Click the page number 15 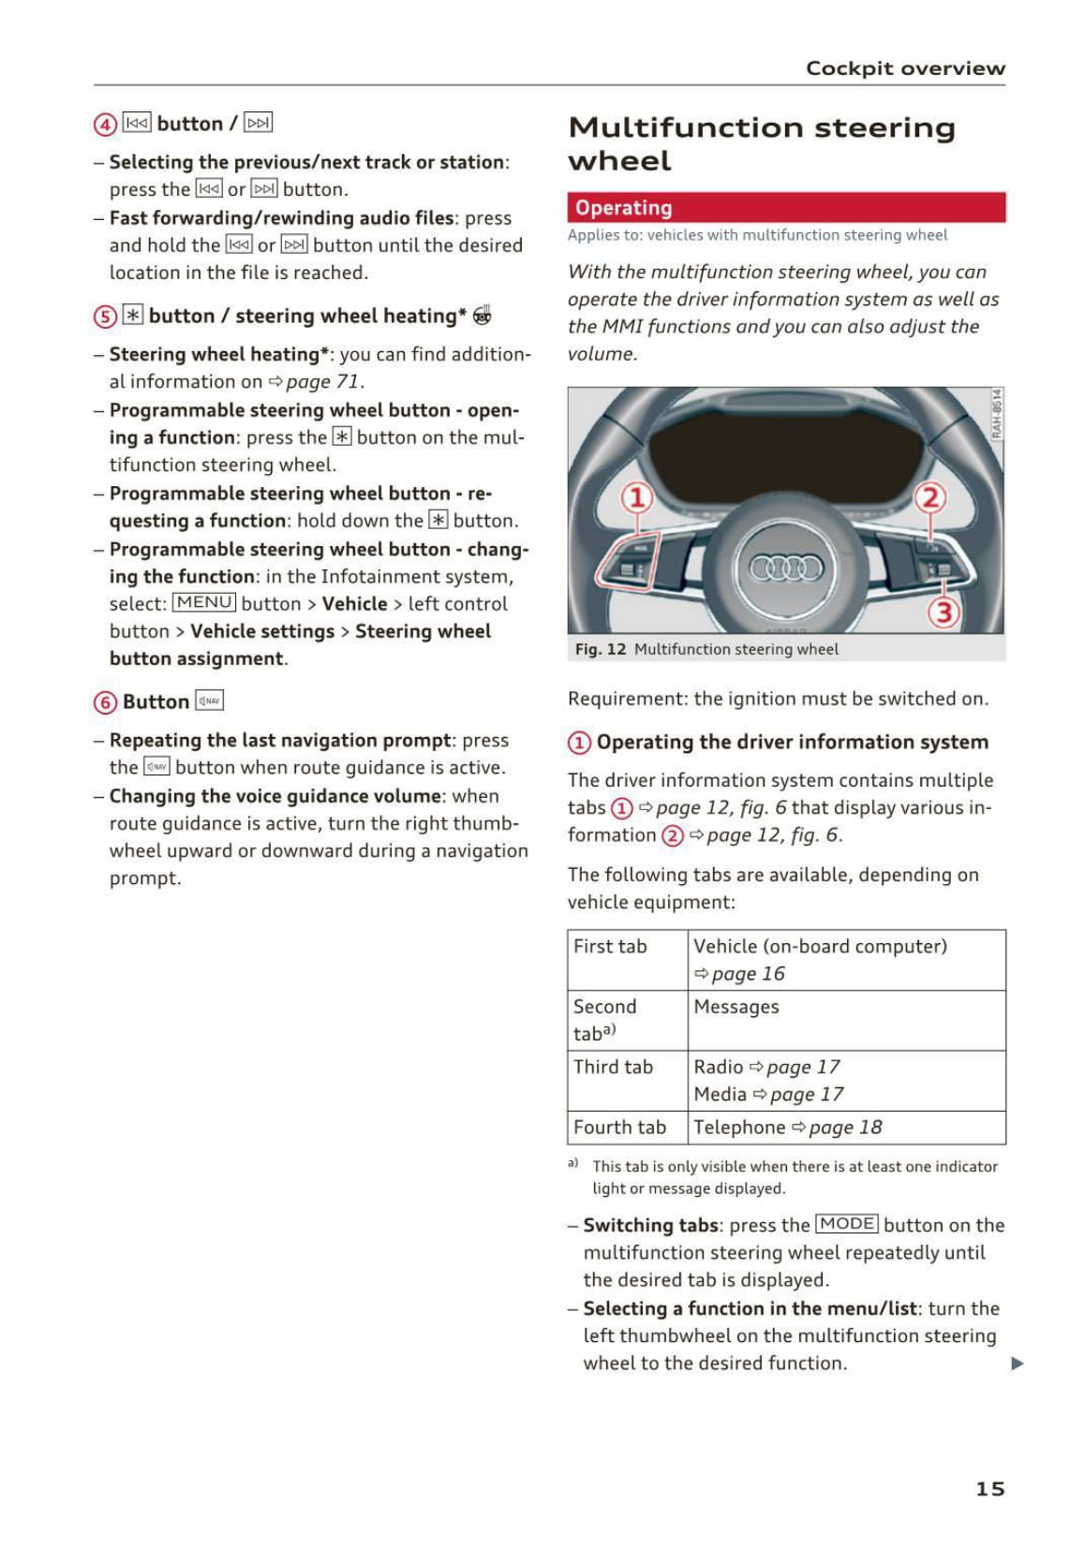[x=989, y=1488]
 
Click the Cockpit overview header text [x=905, y=68]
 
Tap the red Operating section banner [x=785, y=208]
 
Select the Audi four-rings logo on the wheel [x=785, y=568]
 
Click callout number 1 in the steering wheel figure [x=636, y=497]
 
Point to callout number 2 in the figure [x=930, y=497]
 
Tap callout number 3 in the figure [x=944, y=612]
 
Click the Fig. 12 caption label [x=601, y=649]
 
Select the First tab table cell [x=611, y=947]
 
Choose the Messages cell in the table [x=736, y=1007]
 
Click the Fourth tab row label [x=619, y=1128]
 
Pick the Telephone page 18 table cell [x=787, y=1128]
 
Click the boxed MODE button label [x=847, y=1224]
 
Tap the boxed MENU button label [x=204, y=603]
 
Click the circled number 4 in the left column [x=105, y=125]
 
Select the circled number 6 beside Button [x=105, y=702]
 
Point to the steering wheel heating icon [x=482, y=316]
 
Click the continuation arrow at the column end [x=1018, y=1364]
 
